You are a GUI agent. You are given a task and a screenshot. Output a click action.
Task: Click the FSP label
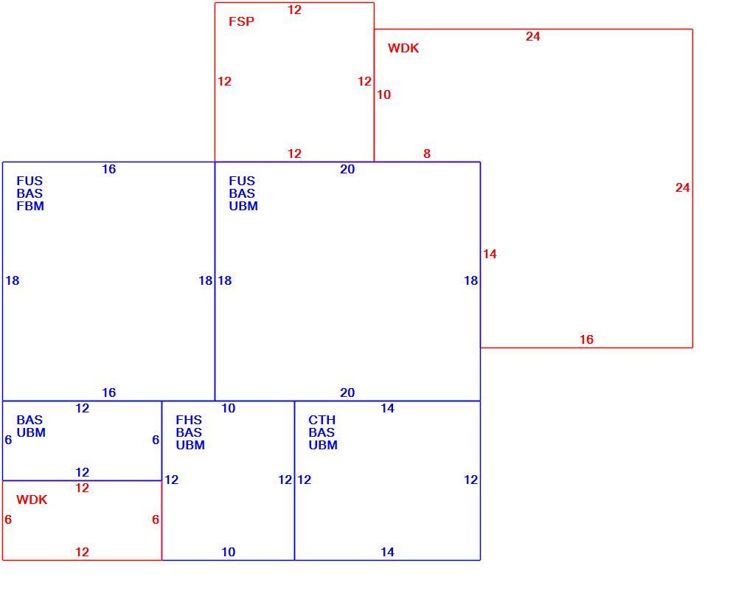[x=241, y=21]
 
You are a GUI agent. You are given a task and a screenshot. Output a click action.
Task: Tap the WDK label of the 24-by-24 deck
[x=403, y=48]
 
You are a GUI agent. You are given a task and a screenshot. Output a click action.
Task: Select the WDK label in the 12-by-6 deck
[x=32, y=499]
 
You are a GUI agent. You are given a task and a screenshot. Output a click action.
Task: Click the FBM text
[x=30, y=206]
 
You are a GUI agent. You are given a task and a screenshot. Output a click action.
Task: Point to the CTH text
[x=321, y=420]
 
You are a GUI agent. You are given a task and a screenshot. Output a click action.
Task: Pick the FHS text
[x=189, y=420]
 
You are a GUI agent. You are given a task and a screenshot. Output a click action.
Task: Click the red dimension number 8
[x=427, y=153]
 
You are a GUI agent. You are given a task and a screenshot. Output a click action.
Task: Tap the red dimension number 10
[x=383, y=94]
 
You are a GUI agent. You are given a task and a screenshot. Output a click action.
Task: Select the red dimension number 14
[x=490, y=254]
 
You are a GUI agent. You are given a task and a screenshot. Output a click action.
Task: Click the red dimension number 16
[x=587, y=339]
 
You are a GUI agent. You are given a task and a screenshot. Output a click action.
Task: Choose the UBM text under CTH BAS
[x=323, y=445]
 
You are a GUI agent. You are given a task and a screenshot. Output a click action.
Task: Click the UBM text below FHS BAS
[x=190, y=445]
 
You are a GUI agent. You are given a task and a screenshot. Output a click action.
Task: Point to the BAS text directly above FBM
[x=29, y=193]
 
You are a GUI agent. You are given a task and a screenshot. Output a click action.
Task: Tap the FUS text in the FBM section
[x=29, y=181]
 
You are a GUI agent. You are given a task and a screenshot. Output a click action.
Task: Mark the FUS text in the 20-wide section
[x=242, y=181]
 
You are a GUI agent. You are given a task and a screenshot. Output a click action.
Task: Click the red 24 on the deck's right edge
[x=683, y=187]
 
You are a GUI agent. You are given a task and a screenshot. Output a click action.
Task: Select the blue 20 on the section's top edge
[x=347, y=169]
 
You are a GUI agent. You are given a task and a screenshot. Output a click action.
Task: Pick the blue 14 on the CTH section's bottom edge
[x=387, y=552]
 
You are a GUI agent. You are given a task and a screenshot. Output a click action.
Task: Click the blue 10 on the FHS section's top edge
[x=228, y=409]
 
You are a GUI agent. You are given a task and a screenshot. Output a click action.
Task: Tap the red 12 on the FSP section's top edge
[x=294, y=10]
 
